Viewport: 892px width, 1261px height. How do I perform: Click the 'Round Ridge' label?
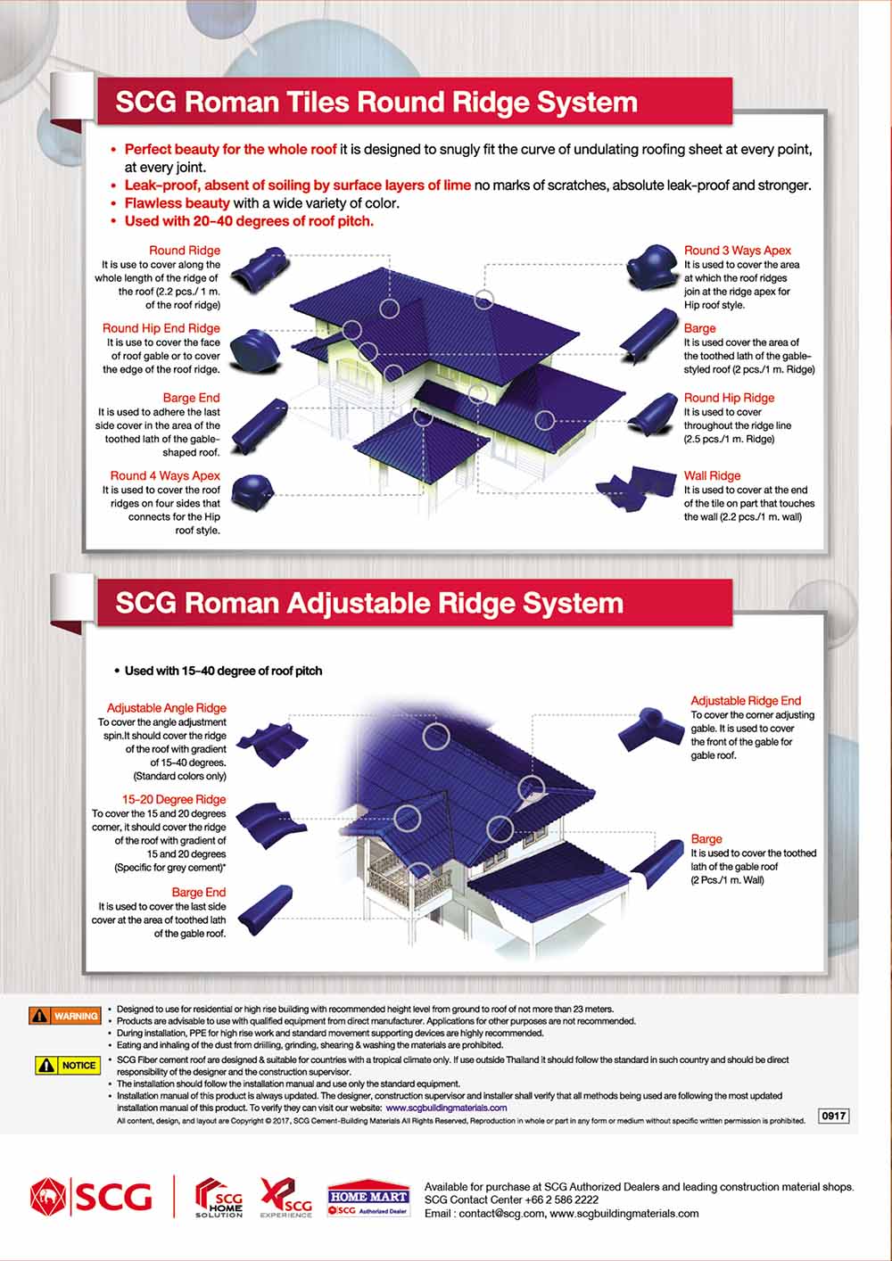[x=184, y=251]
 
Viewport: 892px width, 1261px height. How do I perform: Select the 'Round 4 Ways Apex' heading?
[x=165, y=476]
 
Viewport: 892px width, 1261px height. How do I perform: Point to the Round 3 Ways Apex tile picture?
[x=650, y=266]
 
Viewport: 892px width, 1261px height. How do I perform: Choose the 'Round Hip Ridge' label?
[x=729, y=398]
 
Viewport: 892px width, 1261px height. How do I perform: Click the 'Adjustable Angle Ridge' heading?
[x=167, y=708]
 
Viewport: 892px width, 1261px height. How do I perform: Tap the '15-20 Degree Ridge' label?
[x=174, y=800]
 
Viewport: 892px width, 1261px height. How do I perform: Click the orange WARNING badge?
[x=65, y=1016]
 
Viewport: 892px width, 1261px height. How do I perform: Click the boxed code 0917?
[x=833, y=1116]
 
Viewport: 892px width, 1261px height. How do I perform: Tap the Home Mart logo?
[x=368, y=1200]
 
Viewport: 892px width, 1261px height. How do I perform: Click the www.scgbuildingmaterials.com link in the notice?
[x=446, y=1108]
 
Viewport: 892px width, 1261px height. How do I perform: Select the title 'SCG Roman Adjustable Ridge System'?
[x=369, y=604]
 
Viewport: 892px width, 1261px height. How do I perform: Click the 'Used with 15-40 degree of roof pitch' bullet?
[x=223, y=671]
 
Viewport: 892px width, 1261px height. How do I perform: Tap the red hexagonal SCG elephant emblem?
[x=49, y=1197]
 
